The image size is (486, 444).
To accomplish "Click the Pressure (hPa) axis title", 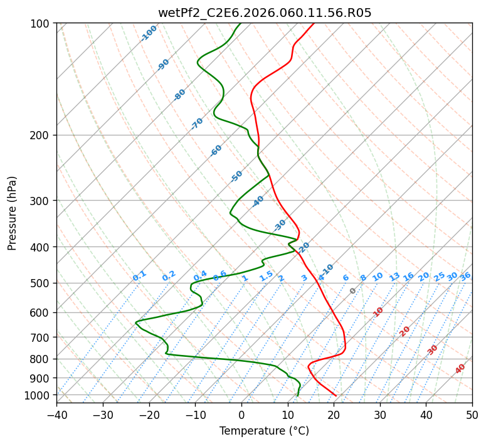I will click(12, 213).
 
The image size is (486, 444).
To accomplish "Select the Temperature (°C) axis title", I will click(264, 431).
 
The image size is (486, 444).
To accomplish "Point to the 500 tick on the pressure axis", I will click(42, 283).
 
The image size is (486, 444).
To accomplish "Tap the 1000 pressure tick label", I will click(40, 395).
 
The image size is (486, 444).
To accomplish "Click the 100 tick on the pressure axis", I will click(42, 24).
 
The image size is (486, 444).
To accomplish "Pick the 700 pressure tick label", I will click(42, 337).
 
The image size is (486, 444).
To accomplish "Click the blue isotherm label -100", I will click(149, 33).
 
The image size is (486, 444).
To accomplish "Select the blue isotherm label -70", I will click(197, 124).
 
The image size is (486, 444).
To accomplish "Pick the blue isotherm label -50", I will click(236, 176).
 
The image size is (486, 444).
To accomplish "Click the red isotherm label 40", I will click(460, 369).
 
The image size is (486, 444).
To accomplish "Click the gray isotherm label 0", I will click(353, 291).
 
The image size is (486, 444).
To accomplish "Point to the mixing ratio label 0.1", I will click(139, 275).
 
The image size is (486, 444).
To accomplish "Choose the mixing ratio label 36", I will click(465, 276).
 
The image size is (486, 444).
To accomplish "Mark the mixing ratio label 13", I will click(394, 277).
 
